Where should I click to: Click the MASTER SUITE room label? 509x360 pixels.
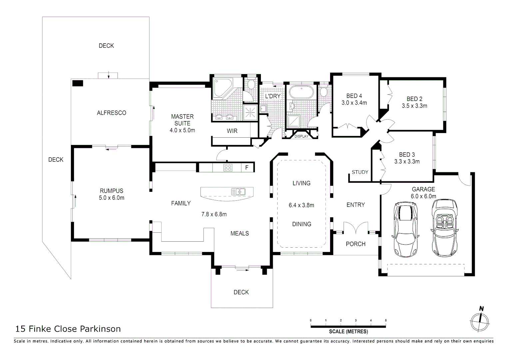(182, 120)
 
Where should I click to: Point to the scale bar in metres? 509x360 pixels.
(348, 326)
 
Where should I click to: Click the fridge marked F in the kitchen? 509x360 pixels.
(247, 167)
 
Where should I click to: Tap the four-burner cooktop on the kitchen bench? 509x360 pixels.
(228, 167)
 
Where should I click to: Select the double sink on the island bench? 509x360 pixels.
(238, 192)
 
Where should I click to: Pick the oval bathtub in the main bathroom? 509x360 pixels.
(301, 92)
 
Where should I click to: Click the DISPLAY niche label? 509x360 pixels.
(301, 136)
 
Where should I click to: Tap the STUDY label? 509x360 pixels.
(360, 172)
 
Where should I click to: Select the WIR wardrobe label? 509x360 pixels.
(232, 131)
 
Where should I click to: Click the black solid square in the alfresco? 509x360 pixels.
(78, 83)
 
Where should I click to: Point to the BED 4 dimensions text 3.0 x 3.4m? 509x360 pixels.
(354, 103)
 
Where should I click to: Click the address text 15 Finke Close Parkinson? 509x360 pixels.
(68, 329)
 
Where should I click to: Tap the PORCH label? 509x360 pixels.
(355, 244)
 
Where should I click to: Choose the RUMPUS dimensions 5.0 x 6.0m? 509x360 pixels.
(112, 198)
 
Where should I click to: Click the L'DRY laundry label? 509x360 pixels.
(272, 96)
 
